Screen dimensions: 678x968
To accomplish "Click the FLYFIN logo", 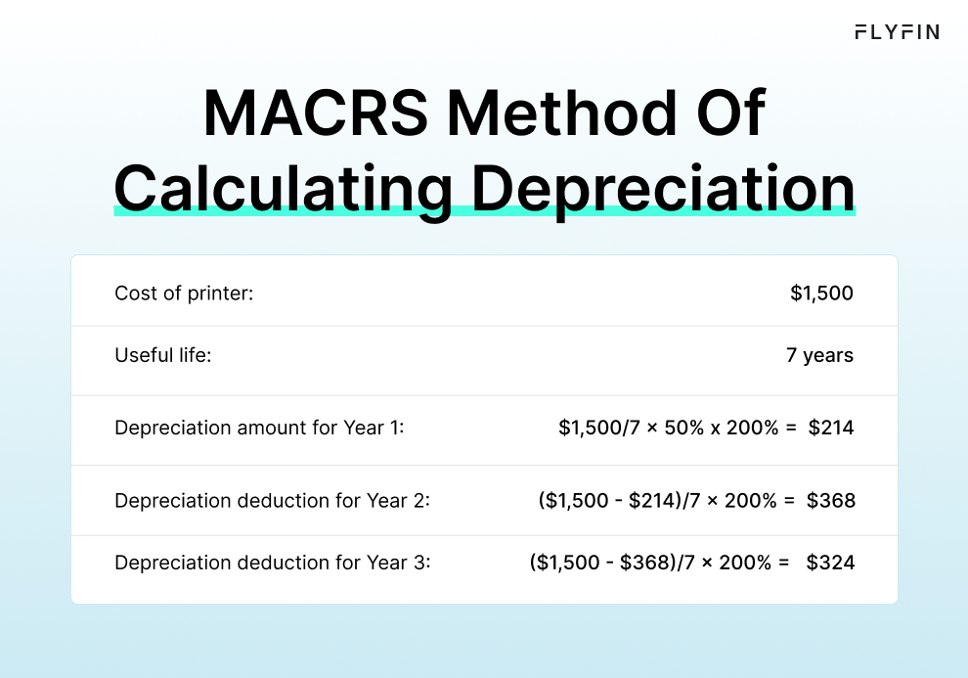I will point(897,31).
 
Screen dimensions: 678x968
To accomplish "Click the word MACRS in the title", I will point(316,113).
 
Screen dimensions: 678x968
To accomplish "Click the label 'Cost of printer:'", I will point(184,293).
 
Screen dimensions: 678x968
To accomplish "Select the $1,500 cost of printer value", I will point(821,293).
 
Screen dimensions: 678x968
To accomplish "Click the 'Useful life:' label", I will point(163,355).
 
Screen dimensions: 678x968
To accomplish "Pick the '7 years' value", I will point(819,355).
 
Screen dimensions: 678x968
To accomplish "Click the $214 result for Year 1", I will point(831,429).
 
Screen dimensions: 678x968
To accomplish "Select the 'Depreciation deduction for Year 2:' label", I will point(272,501).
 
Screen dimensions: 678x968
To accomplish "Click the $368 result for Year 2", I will point(831,501).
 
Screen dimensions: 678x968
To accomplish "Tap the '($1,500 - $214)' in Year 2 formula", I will point(605,501).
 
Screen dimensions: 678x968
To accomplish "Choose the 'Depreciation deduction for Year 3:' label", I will point(272,563).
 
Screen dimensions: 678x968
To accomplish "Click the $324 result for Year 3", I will point(831,563).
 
